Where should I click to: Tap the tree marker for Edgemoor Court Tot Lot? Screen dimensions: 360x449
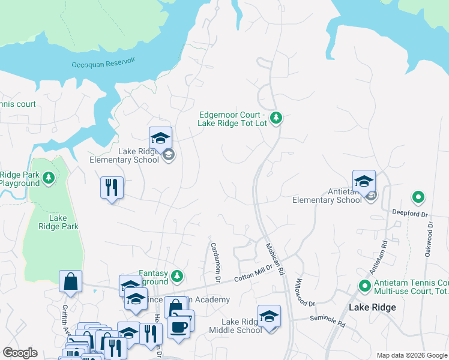276,118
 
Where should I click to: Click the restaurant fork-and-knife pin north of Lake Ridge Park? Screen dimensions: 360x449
112,188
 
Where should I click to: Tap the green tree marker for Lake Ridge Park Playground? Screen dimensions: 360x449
49,178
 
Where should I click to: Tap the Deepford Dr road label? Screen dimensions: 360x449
410,212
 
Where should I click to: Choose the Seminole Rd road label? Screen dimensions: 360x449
328,322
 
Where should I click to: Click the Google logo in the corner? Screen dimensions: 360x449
20,353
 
